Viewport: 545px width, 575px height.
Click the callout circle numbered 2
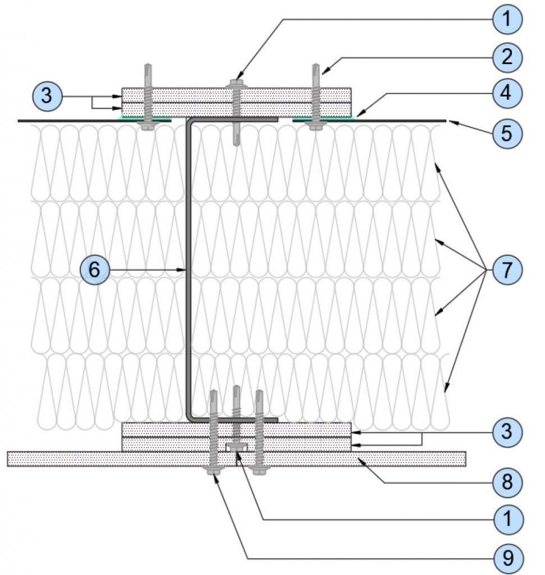tap(508, 56)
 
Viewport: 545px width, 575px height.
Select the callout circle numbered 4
tap(508, 93)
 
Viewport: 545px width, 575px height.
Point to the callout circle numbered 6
tap(94, 270)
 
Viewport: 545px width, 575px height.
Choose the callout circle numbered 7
tap(508, 270)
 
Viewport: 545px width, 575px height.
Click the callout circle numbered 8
tap(508, 482)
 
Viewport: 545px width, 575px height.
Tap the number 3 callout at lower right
tap(508, 433)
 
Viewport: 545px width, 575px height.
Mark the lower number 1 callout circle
tap(508, 519)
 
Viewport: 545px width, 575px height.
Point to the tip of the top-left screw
tap(148, 68)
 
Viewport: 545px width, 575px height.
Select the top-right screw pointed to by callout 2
tap(314, 95)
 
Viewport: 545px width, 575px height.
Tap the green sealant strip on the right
tap(337, 118)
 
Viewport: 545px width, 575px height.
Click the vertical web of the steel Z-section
tap(189, 270)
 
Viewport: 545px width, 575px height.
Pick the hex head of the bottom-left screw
tap(214, 471)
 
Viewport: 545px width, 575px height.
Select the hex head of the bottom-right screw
tap(259, 470)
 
